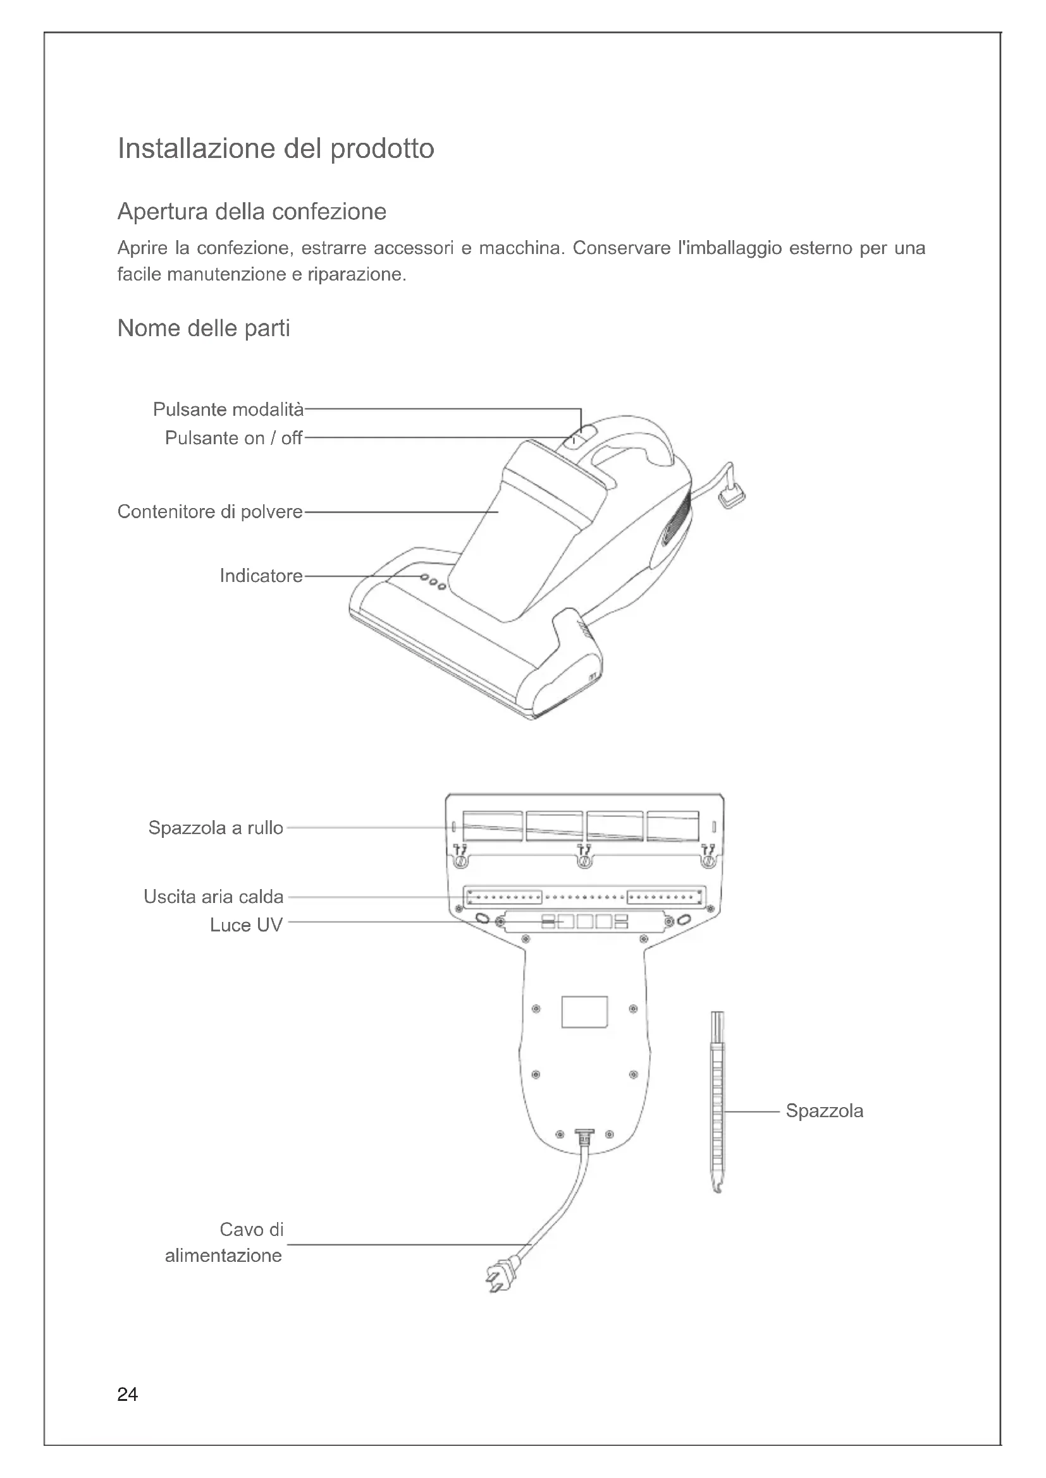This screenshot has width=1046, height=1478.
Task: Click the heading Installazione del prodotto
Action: coord(276,148)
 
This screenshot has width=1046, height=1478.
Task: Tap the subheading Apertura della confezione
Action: coord(252,211)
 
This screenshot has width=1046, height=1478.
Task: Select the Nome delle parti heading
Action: coord(204,329)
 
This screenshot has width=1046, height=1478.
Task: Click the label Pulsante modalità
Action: coord(228,409)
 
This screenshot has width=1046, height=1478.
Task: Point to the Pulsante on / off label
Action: coord(234,439)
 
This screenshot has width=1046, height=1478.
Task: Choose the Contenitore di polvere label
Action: coord(210,512)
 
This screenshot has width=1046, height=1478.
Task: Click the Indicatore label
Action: coord(261,576)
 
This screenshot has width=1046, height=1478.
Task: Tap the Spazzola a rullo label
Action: coord(216,828)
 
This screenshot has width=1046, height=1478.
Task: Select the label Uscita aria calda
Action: coord(213,897)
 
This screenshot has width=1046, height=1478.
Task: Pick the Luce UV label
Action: coord(246,925)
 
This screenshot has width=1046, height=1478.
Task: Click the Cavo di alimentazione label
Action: coord(223,1242)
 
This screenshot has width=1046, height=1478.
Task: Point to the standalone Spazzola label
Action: coord(825,1111)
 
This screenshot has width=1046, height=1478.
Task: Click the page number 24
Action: coord(128,1395)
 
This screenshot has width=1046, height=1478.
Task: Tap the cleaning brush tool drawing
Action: coord(717,1101)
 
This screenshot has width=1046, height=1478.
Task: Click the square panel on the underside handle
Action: coord(584,1012)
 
